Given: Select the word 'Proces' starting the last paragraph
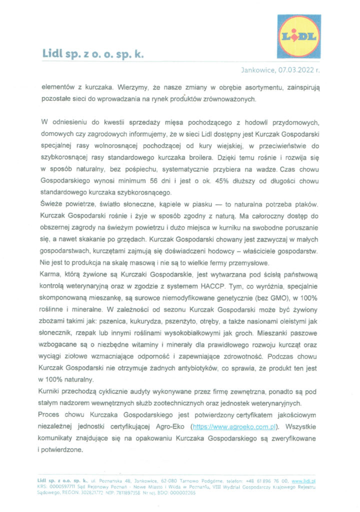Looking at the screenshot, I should coord(51,415).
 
